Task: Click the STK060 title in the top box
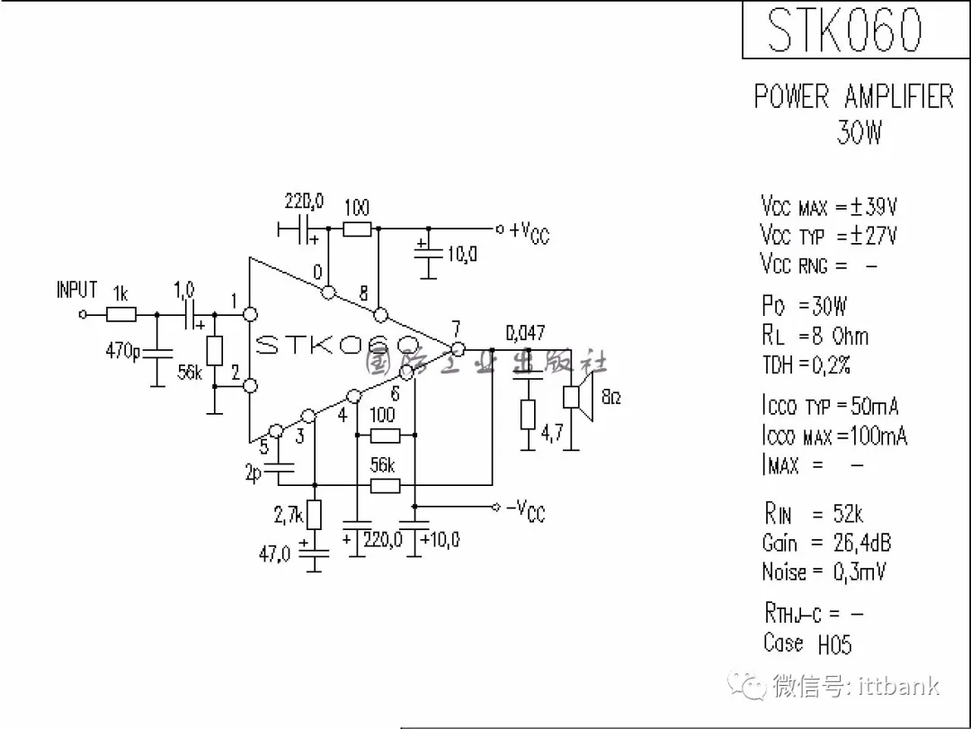coord(844,31)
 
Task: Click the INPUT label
coord(76,290)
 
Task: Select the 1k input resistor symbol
coord(121,314)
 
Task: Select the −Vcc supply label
coord(526,510)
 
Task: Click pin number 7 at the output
coord(457,328)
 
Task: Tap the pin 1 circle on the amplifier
coord(251,314)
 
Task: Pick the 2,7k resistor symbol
coord(314,516)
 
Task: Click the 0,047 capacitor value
coord(525,333)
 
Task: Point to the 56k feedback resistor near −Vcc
coord(385,486)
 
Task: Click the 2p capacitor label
coord(254,472)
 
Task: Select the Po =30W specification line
coord(804,306)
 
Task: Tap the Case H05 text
coord(806,643)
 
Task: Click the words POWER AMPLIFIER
coord(853,96)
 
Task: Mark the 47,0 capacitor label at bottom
coord(275,553)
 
